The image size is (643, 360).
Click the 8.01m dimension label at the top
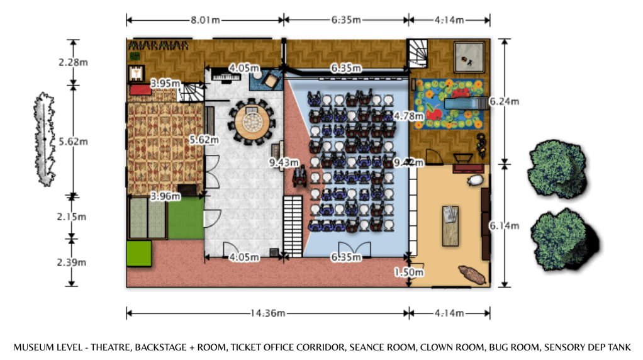205,20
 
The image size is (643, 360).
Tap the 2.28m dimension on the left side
73,62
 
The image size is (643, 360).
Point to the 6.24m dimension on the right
503,101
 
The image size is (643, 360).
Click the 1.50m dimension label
409,273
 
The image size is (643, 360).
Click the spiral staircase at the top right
418,53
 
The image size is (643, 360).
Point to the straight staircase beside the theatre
293,225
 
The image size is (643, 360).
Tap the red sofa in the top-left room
140,91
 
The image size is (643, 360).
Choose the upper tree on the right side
556,169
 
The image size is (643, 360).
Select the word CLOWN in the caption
438,347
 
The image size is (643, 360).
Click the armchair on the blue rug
271,81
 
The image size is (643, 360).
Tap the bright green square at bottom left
140,253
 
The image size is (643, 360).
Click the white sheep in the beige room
476,181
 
